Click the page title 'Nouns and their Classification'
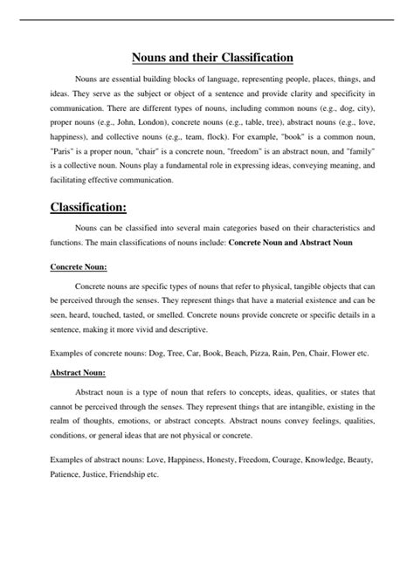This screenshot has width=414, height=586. click(x=211, y=59)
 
